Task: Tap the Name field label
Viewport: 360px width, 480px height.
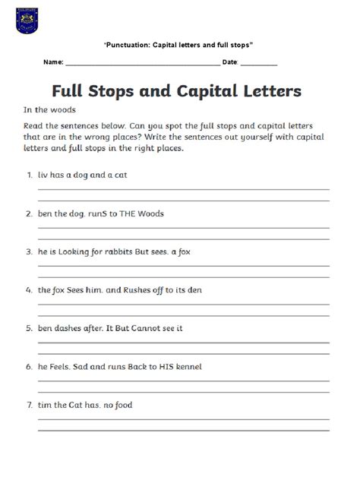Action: (52, 61)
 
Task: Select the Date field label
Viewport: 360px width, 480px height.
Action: (231, 61)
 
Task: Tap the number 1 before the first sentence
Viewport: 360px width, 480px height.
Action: (28, 175)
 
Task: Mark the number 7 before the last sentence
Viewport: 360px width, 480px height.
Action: (28, 405)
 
